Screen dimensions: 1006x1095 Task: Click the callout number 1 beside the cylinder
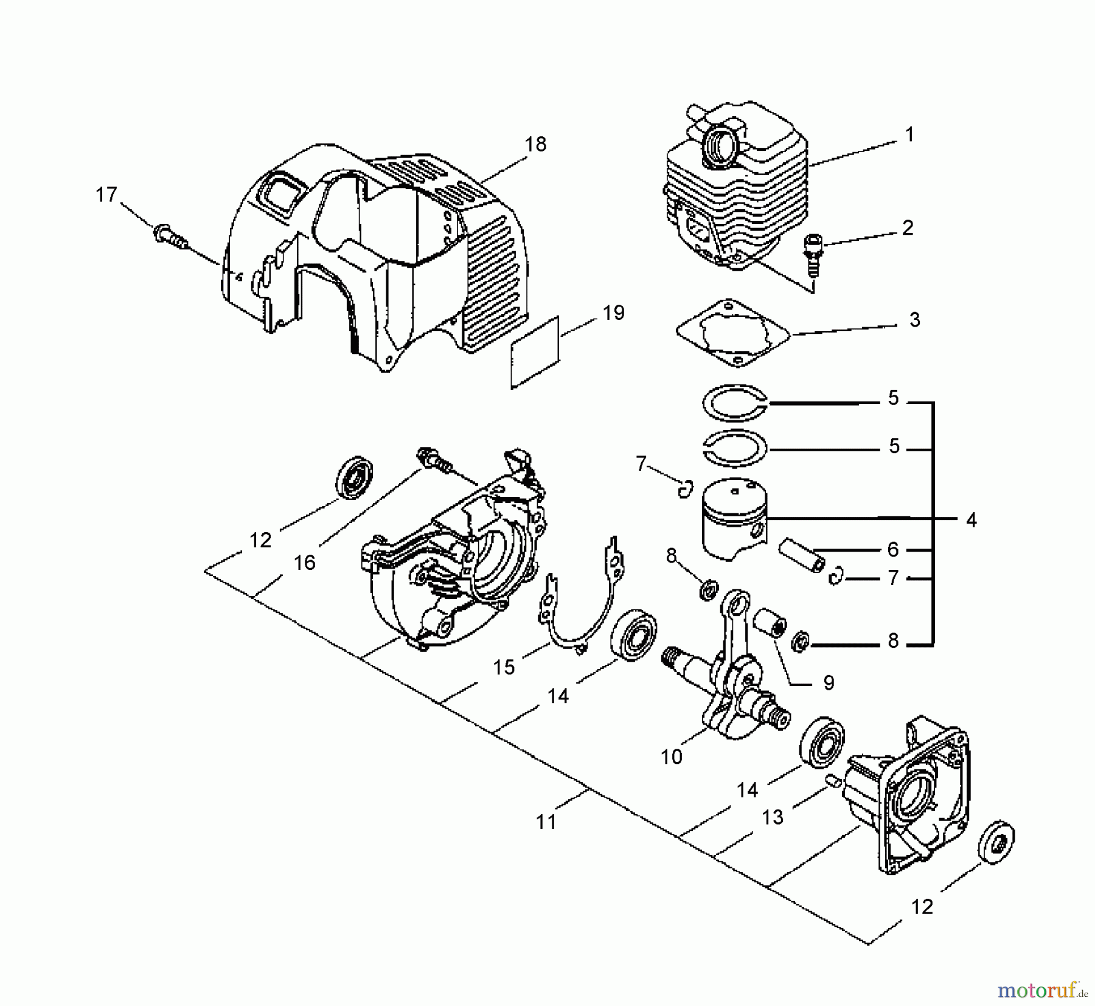point(909,134)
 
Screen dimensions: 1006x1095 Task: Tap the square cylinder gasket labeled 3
point(734,333)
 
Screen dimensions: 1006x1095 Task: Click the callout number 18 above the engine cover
point(536,144)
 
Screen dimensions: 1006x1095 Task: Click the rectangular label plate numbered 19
point(535,351)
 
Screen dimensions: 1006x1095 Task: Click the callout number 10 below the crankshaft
point(672,757)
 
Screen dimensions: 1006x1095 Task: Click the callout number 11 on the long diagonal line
point(546,822)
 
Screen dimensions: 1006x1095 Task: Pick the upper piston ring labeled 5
point(734,403)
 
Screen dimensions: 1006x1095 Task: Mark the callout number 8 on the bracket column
point(892,641)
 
